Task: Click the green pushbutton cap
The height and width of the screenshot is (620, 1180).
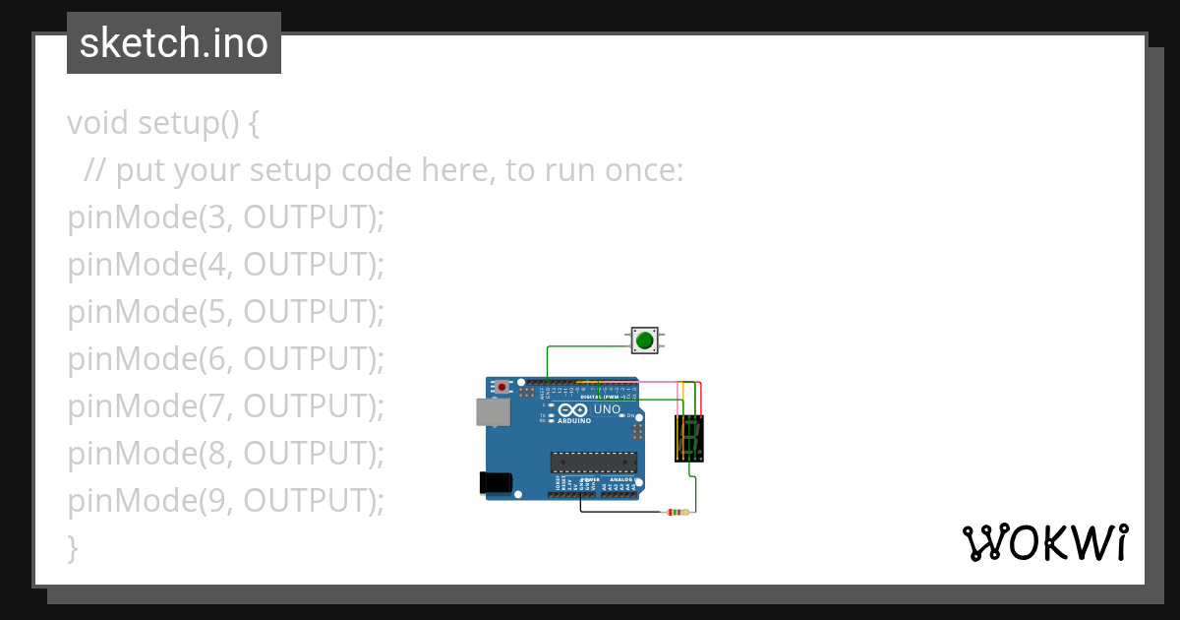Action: point(644,341)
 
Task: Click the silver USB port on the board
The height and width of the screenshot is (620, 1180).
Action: point(493,411)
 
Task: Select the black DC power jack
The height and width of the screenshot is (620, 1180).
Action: point(495,482)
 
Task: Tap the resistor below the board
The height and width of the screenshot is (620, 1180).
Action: point(678,512)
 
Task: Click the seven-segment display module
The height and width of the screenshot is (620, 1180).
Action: point(688,438)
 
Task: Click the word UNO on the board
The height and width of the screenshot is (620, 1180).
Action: point(607,409)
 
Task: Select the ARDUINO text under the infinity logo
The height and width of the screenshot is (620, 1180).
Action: point(574,420)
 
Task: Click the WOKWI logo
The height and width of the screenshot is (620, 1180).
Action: point(1044,543)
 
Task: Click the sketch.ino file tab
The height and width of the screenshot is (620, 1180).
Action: point(174,43)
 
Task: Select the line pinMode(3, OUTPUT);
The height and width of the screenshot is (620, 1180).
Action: point(225,217)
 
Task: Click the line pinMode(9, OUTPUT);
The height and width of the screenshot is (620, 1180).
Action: point(225,501)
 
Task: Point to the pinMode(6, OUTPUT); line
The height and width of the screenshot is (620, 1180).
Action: point(225,359)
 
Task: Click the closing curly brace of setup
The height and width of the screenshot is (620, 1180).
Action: point(72,548)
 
